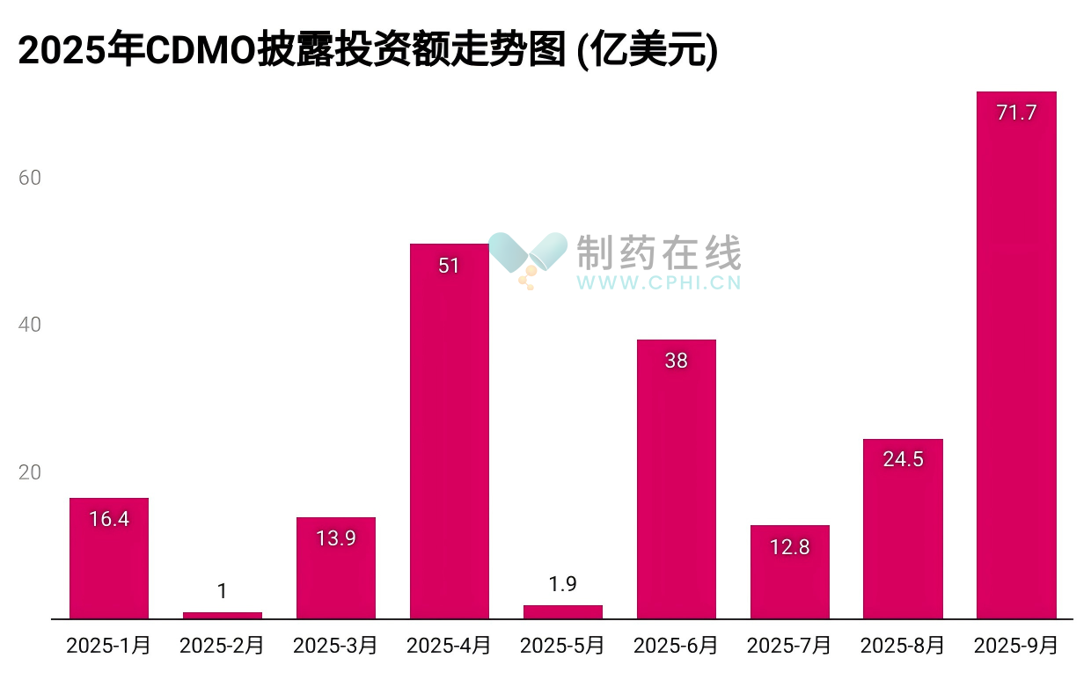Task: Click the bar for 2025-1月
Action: point(109,559)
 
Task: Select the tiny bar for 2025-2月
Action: point(223,615)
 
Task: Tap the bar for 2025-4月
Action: point(449,431)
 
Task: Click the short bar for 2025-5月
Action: point(562,611)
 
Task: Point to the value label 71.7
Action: point(1016,113)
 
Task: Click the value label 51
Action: point(449,266)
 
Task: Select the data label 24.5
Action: point(903,459)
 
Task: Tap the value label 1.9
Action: point(562,584)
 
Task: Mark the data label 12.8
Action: point(789,547)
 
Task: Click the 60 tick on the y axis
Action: point(30,178)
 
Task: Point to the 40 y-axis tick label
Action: point(30,325)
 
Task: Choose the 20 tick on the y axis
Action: point(30,473)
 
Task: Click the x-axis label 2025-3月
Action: point(335,646)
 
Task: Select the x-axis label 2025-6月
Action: point(676,646)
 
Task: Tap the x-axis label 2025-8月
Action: point(903,646)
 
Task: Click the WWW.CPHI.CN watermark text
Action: point(659,283)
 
